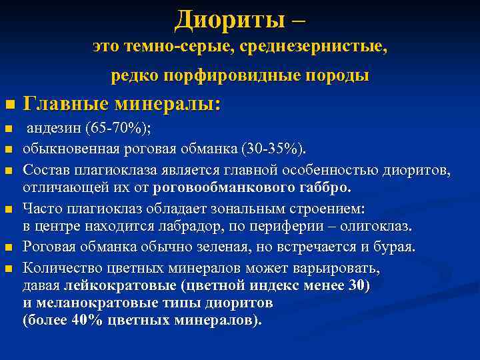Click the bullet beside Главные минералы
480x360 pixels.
click(8, 105)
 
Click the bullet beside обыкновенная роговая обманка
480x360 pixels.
click(8, 148)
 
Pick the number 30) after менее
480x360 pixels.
click(358, 287)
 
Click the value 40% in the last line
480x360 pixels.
click(81, 320)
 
